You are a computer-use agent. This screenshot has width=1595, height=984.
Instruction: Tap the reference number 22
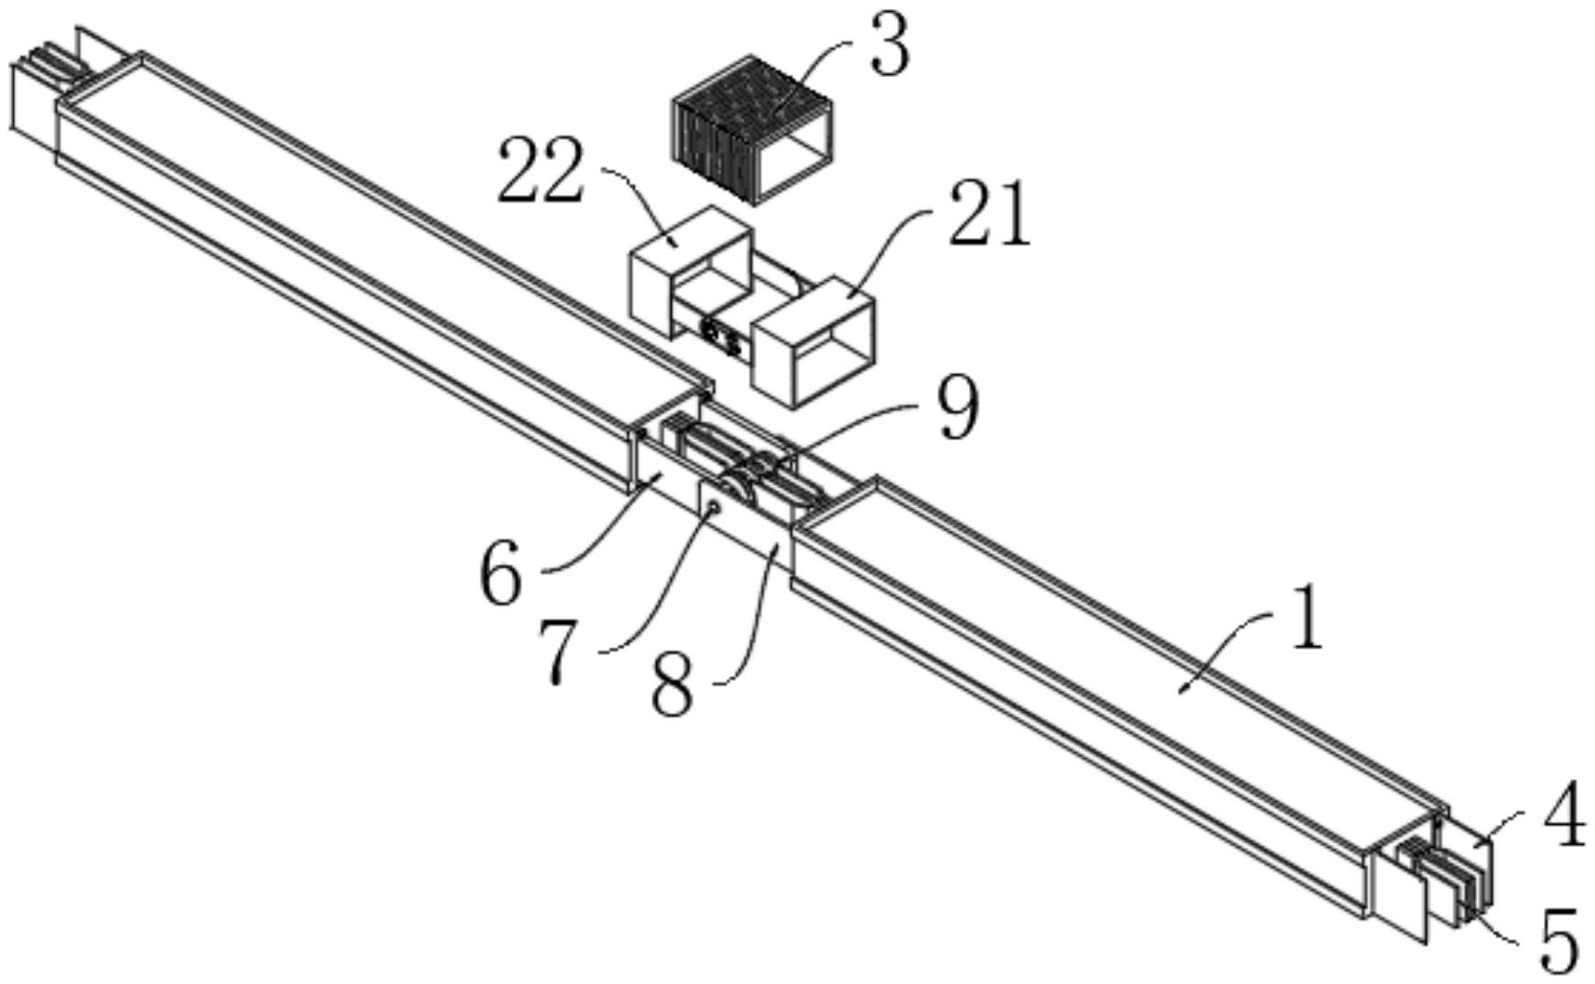539,172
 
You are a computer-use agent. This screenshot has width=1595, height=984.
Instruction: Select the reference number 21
989,216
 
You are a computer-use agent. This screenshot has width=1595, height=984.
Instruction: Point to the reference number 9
957,410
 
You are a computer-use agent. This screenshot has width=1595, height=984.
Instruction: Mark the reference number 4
1564,817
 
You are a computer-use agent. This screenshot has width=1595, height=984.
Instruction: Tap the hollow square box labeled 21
813,341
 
